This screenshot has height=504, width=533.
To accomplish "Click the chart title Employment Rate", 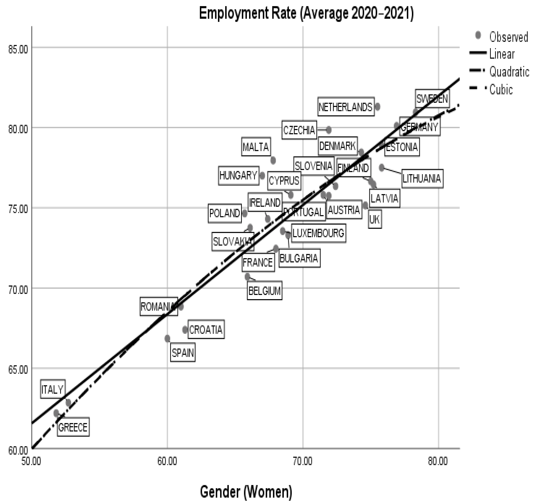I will pos(306,13).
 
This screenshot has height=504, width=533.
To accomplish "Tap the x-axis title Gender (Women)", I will pos(246,492).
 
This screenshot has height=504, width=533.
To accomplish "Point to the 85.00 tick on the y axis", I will pos(18,50).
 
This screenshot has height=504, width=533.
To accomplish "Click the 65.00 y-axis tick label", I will pos(18,370).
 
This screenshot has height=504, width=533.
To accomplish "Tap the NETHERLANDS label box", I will pos(346,107).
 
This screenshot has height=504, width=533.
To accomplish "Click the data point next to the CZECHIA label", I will pos(329,130).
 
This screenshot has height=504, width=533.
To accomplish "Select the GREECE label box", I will pos(73,427).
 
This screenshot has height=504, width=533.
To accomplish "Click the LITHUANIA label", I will pos(422,179).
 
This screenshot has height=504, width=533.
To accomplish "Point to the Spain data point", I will pos(167,338).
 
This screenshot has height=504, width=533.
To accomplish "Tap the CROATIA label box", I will pos(206,330).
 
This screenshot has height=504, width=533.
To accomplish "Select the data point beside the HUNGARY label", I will pos(262,176).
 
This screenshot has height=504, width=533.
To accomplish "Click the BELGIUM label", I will pos(264,291).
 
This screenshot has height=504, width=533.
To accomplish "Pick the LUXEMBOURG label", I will pos(318,233).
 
